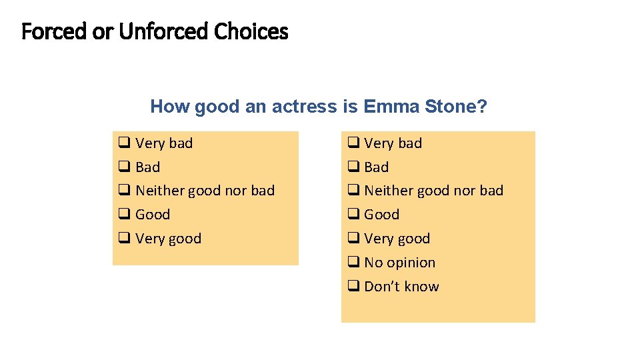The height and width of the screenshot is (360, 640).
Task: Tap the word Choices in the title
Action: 251,31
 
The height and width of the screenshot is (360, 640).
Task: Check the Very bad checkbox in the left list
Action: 124,143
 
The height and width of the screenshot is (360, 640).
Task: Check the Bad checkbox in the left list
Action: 124,167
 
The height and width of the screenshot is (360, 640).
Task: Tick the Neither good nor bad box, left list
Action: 124,191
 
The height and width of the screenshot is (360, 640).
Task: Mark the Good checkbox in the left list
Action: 124,215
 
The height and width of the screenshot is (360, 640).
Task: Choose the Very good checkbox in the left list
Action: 124,239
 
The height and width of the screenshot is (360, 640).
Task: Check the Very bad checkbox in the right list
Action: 353,143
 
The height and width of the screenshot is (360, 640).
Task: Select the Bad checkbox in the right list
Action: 353,167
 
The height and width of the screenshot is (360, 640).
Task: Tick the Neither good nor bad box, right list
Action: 353,191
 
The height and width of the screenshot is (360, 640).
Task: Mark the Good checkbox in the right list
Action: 353,215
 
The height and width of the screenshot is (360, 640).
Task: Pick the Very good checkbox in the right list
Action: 353,239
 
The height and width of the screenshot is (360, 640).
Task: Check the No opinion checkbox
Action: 353,263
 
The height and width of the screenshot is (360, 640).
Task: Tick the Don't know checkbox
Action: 353,287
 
